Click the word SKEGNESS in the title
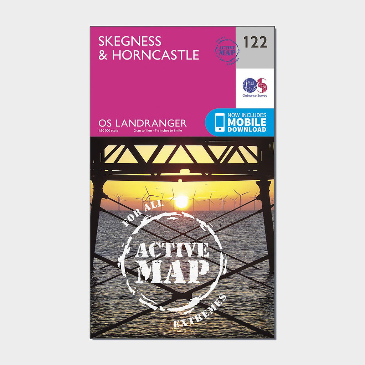pos(130,41)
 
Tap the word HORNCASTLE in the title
pos(155,55)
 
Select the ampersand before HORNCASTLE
pos(103,55)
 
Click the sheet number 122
pos(255,42)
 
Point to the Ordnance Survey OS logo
pos(255,86)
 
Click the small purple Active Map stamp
pos(227,51)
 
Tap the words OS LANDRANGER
pos(142,123)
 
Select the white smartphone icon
pos(220,123)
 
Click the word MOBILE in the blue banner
pos(247,122)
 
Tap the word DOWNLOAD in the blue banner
pos(247,129)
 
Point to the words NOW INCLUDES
pos(247,115)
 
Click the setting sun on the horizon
pos(181,202)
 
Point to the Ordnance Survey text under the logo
pos(255,96)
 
